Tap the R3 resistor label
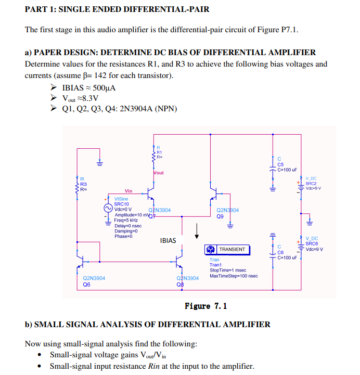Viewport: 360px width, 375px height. coord(83,184)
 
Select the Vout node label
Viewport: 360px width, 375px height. coord(159,173)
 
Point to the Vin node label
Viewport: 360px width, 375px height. coord(128,191)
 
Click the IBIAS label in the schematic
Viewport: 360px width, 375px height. coord(168,241)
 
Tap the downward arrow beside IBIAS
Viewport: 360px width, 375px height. coord(197,231)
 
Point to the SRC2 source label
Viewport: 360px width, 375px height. coord(311,183)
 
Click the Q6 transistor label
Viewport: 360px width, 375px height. coord(87,285)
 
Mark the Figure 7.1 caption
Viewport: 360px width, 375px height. coord(205,306)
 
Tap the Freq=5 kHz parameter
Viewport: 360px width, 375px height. coord(125,220)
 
